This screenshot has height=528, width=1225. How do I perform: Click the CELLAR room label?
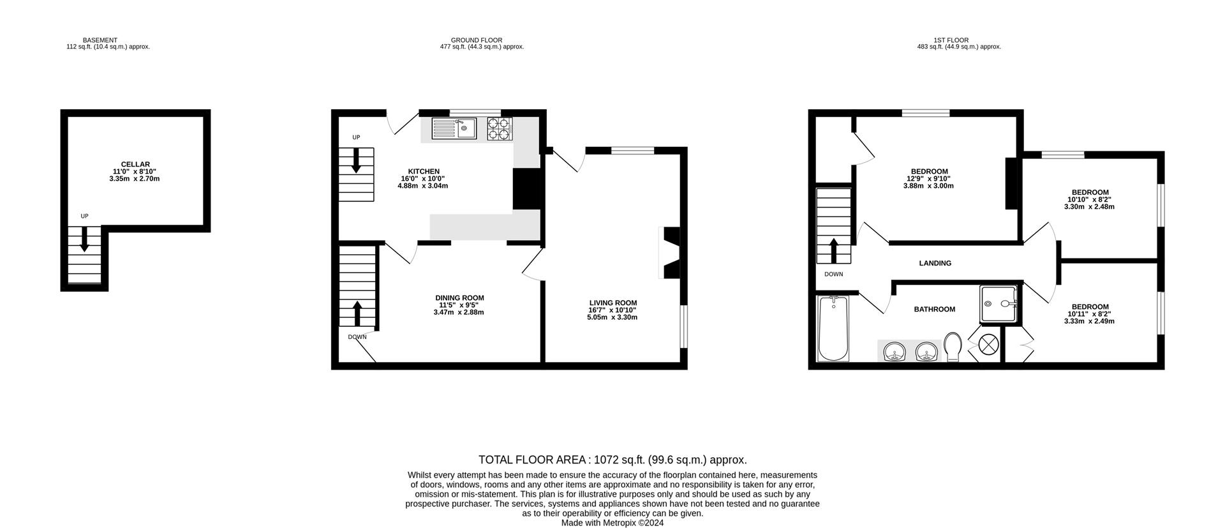135,164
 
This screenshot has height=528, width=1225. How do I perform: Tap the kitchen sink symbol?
454,128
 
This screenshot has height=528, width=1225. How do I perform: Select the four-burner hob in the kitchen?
499,128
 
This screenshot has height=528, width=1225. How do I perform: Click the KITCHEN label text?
424,171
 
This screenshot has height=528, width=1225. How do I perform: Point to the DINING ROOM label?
459,298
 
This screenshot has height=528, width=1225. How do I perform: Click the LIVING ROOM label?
612,303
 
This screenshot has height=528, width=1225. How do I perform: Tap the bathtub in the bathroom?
833,328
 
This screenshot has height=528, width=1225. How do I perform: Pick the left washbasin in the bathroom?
896,351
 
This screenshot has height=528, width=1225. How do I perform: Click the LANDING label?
935,263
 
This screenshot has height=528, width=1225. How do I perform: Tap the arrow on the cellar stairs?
84,240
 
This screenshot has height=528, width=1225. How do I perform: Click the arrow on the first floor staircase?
833,250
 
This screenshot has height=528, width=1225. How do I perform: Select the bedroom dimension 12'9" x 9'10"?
928,179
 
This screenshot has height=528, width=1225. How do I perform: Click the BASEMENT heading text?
100,40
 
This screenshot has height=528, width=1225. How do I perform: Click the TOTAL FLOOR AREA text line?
612,460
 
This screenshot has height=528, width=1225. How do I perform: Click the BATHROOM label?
934,309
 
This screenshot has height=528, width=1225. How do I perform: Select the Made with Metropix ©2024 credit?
612,522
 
